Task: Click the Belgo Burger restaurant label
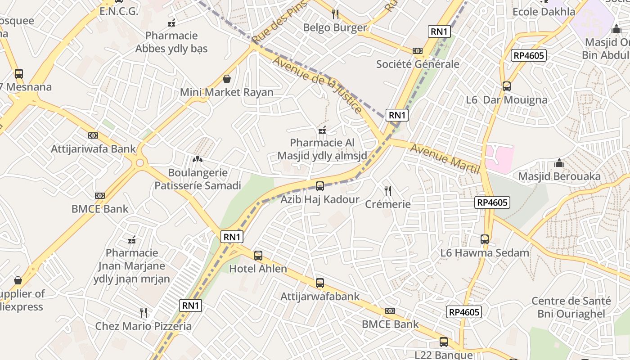[335, 27]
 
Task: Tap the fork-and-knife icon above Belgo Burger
[335, 14]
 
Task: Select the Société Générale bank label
[418, 64]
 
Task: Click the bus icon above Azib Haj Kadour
[320, 186]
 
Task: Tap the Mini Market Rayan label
[227, 92]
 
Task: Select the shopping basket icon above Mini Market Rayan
[227, 79]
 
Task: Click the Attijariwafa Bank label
[93, 148]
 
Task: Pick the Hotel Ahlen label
[258, 269]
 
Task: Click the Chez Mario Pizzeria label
[143, 326]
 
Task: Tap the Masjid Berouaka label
[559, 176]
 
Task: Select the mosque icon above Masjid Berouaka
[559, 162]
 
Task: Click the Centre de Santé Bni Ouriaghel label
[571, 307]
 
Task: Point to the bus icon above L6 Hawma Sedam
[485, 239]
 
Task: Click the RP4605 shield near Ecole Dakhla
[529, 55]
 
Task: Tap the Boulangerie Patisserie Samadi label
[198, 179]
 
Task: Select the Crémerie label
[387, 204]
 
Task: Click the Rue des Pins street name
[279, 22]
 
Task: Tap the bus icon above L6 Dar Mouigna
[507, 86]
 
